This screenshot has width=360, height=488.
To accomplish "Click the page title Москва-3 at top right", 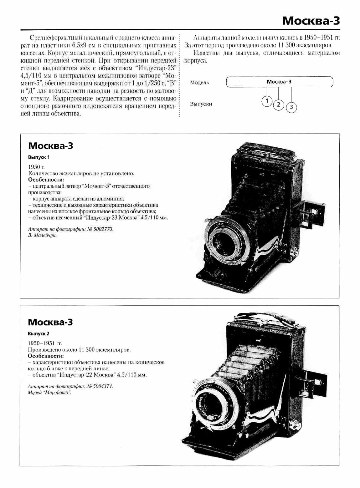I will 311,21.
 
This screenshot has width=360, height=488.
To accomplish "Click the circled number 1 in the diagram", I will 267,101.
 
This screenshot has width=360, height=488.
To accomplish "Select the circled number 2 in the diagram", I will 279,104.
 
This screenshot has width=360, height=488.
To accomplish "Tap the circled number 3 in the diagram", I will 291,107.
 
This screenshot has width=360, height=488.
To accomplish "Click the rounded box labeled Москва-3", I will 279,82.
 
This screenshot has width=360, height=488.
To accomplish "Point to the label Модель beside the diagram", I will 199,83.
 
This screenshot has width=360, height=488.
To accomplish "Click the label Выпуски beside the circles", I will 201,104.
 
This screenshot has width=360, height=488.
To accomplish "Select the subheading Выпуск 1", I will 39,157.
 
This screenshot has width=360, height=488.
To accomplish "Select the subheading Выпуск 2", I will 39,333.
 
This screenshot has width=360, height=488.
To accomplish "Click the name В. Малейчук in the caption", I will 42,236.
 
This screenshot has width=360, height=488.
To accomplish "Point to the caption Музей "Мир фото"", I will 49,393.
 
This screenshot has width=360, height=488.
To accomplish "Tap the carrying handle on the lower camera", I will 269,316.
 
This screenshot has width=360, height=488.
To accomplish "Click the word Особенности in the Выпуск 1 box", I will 46,180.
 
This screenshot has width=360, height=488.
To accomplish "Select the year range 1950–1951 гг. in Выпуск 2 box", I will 45,343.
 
